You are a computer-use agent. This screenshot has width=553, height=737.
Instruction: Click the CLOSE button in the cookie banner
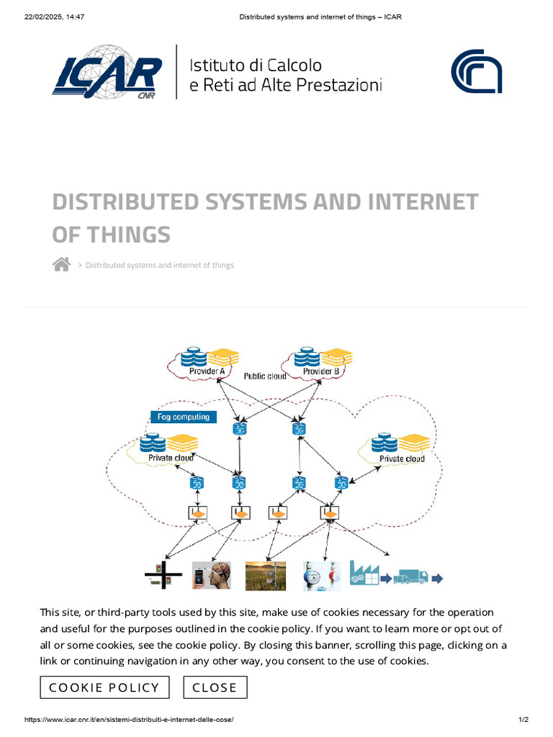215,687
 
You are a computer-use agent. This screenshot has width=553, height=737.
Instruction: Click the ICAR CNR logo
107,72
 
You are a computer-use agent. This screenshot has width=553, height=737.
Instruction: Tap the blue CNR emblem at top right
476,72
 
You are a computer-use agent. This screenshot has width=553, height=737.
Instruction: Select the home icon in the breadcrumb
61,265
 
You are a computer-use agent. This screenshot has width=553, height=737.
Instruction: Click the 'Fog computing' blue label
183,417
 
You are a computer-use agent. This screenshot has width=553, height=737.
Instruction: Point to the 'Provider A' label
207,371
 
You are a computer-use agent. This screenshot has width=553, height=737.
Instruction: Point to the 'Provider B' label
320,371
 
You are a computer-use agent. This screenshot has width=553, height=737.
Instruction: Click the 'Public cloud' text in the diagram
264,376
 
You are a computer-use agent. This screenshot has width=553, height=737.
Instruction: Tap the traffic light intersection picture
163,576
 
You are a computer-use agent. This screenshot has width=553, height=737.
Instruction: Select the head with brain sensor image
211,576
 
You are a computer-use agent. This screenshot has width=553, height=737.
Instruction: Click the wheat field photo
265,576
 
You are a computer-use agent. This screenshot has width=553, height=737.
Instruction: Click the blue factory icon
364,574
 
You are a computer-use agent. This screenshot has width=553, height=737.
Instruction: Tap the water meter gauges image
320,576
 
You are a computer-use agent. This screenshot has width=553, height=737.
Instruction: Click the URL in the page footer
129,720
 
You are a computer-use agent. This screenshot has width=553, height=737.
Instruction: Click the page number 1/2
523,720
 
